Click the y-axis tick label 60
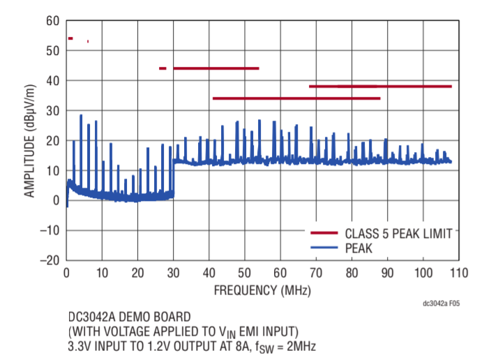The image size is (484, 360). pyautogui.click(x=52, y=21)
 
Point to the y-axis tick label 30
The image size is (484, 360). pyautogui.click(x=52, y=111)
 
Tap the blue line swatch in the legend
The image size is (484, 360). pyautogui.click(x=324, y=247)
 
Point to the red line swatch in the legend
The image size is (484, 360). pyautogui.click(x=324, y=233)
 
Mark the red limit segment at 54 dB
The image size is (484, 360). pyautogui.click(x=70, y=38)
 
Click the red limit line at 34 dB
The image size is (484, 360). pyautogui.click(x=296, y=98)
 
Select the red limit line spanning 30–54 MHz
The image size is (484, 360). pyautogui.click(x=216, y=68)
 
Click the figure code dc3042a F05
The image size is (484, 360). pyautogui.click(x=441, y=305)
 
